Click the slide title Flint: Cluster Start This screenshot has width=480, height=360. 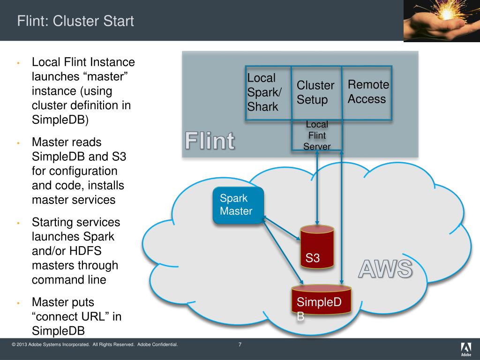click(x=75, y=21)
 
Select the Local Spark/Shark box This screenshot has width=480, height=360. click(x=268, y=92)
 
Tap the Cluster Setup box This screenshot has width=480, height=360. click(x=315, y=92)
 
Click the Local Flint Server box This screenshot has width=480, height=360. click(x=317, y=135)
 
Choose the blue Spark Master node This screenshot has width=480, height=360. click(x=238, y=205)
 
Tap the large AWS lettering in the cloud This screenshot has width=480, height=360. click(x=386, y=270)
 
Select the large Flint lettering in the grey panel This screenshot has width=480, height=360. click(x=210, y=141)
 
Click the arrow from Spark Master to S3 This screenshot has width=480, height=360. click(x=281, y=229)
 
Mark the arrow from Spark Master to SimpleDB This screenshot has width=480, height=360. click(x=281, y=251)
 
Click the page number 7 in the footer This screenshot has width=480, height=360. click(x=240, y=345)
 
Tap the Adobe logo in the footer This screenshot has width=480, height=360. click(x=465, y=349)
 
